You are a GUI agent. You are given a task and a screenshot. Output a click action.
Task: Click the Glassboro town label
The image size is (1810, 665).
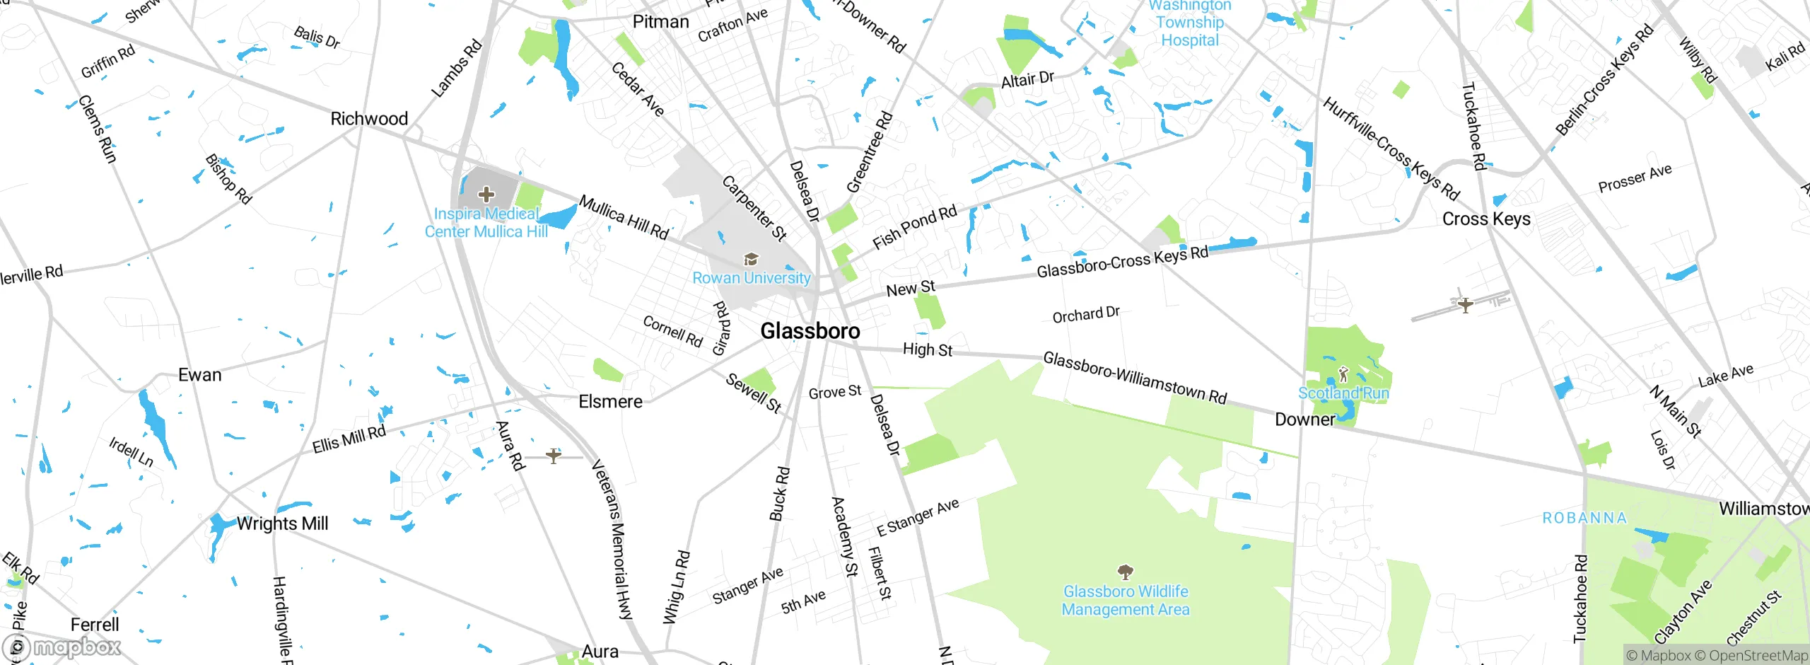coord(810,330)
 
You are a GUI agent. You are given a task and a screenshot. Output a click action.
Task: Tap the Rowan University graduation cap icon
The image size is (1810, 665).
coord(751,260)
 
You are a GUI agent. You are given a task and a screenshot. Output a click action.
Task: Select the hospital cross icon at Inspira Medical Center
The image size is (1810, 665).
coord(486,194)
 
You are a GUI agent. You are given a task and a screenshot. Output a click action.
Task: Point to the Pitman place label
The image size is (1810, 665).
coord(660,22)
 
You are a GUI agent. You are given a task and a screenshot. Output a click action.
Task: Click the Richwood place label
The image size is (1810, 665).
coord(369,119)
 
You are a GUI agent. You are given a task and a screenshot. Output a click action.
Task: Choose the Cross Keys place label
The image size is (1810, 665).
coord(1486,219)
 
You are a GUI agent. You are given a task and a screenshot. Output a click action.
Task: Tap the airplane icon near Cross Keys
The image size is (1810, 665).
coord(1466,305)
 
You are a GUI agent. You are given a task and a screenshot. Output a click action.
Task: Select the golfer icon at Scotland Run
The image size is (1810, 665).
coord(1343,374)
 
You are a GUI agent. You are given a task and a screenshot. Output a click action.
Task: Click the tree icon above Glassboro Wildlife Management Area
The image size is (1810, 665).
coord(1126,571)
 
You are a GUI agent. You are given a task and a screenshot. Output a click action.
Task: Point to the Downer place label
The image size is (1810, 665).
coord(1304,420)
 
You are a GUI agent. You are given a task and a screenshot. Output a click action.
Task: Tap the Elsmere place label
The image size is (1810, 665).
coord(610,402)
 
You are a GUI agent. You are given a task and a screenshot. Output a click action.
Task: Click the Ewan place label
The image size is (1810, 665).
coord(199,375)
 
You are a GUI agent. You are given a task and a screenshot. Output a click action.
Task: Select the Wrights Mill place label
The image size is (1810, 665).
coord(282,524)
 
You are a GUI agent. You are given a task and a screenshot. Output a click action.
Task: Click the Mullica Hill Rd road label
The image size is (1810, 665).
coord(624,218)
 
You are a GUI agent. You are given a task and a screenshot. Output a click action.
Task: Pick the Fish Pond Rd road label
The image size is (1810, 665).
coord(914,227)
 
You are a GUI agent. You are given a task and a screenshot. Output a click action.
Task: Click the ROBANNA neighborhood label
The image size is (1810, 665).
coord(1584,518)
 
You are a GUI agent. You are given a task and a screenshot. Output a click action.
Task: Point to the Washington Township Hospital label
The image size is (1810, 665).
coord(1190,23)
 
